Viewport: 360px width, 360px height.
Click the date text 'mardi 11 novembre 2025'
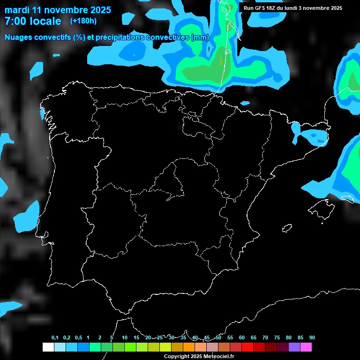point(58,10)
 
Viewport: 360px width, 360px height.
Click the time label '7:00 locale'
point(32,21)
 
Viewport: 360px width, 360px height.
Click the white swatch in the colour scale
point(48,347)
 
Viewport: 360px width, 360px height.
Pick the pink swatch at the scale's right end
point(306,347)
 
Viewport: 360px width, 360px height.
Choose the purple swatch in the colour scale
point(294,347)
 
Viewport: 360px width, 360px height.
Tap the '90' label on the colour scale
point(312,337)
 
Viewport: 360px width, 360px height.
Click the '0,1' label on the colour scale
point(55,337)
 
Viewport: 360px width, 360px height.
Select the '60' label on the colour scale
point(241,337)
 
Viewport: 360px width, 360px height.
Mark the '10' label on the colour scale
point(124,337)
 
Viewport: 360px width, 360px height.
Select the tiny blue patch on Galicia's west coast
point(42,114)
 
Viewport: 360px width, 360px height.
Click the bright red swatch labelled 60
point(247,347)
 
